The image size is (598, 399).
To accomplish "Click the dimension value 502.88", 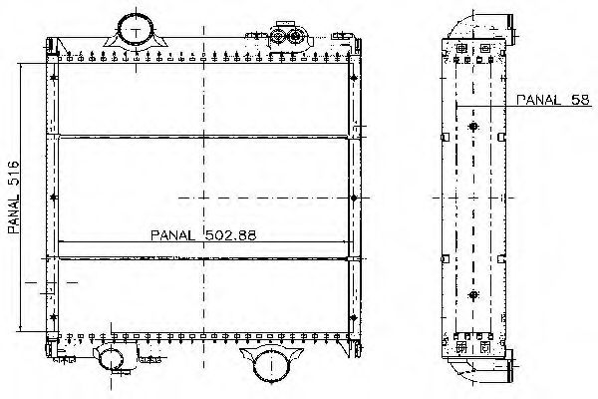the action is click(x=231, y=235).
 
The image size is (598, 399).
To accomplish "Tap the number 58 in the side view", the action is click(x=580, y=100).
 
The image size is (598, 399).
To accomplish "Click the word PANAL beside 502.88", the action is click(x=172, y=235).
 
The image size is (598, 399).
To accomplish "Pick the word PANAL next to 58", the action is click(x=538, y=100).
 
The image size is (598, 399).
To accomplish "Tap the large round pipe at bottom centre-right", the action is click(x=271, y=365).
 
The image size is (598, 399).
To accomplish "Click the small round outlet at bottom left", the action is click(x=111, y=358).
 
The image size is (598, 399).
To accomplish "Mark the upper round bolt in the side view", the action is click(x=473, y=127).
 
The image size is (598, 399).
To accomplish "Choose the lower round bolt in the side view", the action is click(x=473, y=295).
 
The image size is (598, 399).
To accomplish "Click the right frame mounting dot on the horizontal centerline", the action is click(x=354, y=198).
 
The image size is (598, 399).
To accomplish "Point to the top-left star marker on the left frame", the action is click(x=53, y=78).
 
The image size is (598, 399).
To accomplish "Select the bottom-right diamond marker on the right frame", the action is click(x=354, y=317).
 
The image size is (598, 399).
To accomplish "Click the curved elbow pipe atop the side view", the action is click(x=481, y=26).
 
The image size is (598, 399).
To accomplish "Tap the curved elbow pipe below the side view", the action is click(x=481, y=369).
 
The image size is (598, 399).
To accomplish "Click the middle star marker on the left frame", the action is click(x=53, y=198).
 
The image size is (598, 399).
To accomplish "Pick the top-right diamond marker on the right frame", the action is click(x=354, y=78).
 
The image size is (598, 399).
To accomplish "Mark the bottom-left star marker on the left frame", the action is click(x=53, y=317).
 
